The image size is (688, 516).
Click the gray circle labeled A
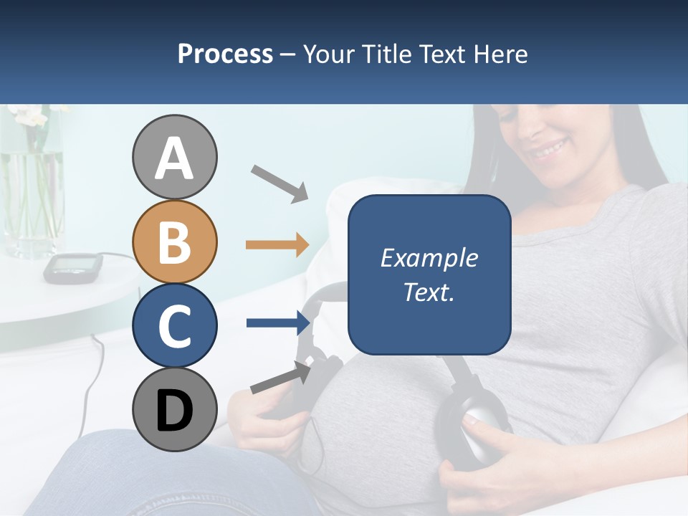(x=174, y=158)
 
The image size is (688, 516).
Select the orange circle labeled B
(x=174, y=242)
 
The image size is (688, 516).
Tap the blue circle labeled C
(x=174, y=325)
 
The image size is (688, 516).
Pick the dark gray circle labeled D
(x=174, y=409)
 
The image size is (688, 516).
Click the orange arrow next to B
(x=277, y=245)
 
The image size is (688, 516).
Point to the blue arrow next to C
(x=277, y=323)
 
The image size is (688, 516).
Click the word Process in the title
(x=225, y=54)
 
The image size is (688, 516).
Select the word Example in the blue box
(x=429, y=258)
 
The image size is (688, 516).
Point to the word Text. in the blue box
(x=429, y=292)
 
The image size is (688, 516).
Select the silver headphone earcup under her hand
(x=477, y=434)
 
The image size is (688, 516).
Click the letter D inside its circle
(x=174, y=411)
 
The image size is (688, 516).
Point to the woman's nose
(x=530, y=128)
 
